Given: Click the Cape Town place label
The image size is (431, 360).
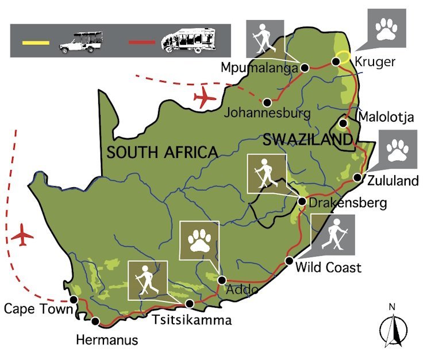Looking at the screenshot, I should pos(38,309).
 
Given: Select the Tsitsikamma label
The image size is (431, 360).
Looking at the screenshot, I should pos(192,320).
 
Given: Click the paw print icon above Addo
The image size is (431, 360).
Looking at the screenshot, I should pos(199,240).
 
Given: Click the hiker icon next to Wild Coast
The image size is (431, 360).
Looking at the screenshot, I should pos(333,235).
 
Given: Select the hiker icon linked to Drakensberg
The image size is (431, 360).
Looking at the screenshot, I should pos(266,173).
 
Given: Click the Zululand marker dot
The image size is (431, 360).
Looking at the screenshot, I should pos(357,178).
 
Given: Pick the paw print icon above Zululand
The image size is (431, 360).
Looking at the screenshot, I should pos(397,149).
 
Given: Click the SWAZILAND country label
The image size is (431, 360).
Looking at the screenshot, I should pos(306,140).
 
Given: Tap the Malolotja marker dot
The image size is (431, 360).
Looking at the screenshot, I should pos(343,123).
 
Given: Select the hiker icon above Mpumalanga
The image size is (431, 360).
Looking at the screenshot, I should pos(264,39).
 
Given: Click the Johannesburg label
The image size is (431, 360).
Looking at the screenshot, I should pos(268,112).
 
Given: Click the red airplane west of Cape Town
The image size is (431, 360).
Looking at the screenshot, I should pos(22,235).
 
